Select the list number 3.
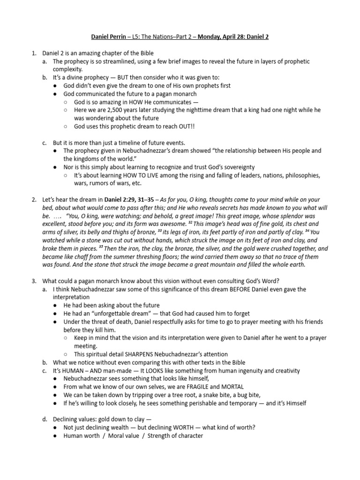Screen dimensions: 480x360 tap(34, 281)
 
